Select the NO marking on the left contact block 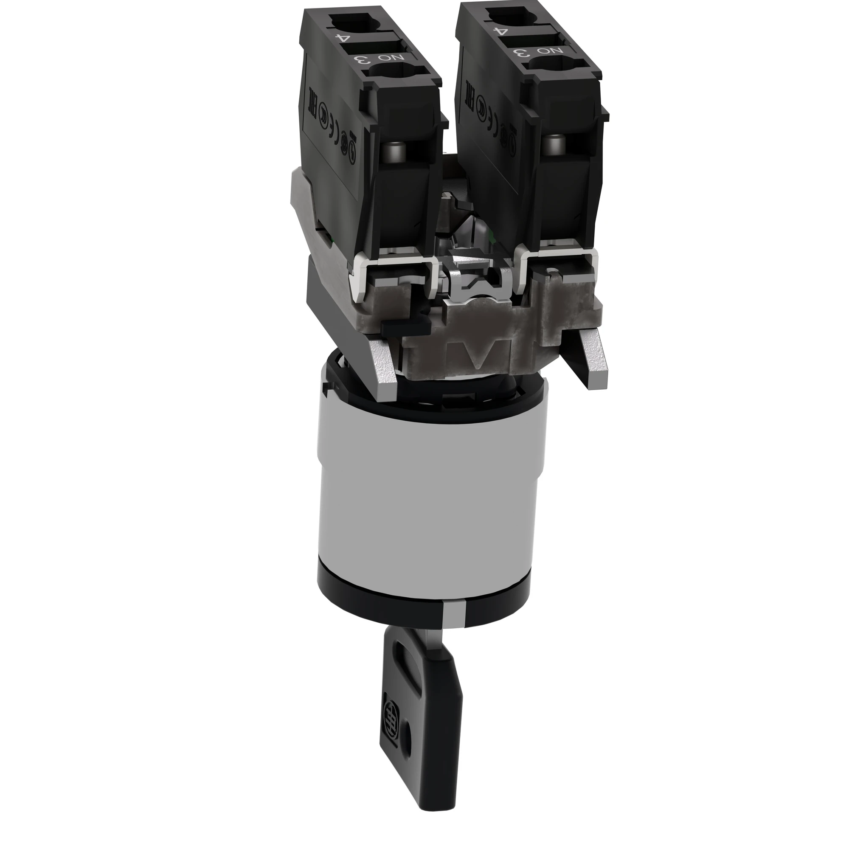point(384,58)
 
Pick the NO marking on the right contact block point(544,51)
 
